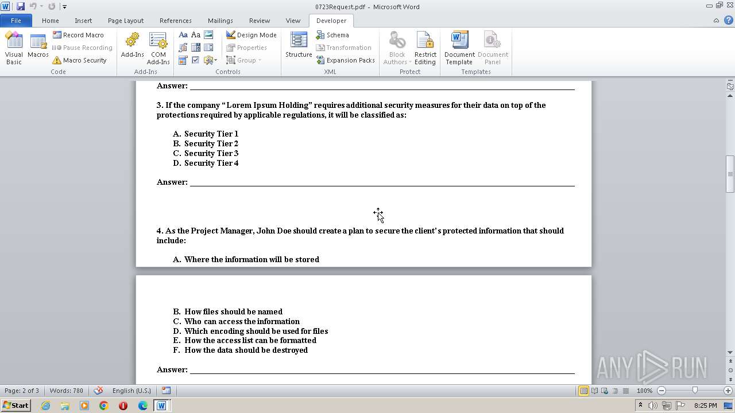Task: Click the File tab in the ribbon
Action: (x=16, y=21)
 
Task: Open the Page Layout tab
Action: (x=125, y=21)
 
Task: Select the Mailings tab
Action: (x=220, y=21)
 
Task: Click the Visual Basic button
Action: (x=14, y=48)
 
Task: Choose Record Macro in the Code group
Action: (x=79, y=35)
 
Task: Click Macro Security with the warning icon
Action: (x=80, y=60)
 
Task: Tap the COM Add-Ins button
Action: (x=158, y=48)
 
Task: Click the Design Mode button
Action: (x=252, y=35)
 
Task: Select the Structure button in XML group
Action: (x=299, y=46)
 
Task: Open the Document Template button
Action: (x=459, y=48)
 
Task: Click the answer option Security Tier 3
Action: (x=211, y=153)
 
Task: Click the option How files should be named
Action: (x=233, y=311)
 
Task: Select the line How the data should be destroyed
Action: (x=246, y=350)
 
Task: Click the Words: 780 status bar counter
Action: (x=66, y=391)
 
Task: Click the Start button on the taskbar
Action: (x=16, y=406)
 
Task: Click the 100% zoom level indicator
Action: (x=644, y=391)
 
